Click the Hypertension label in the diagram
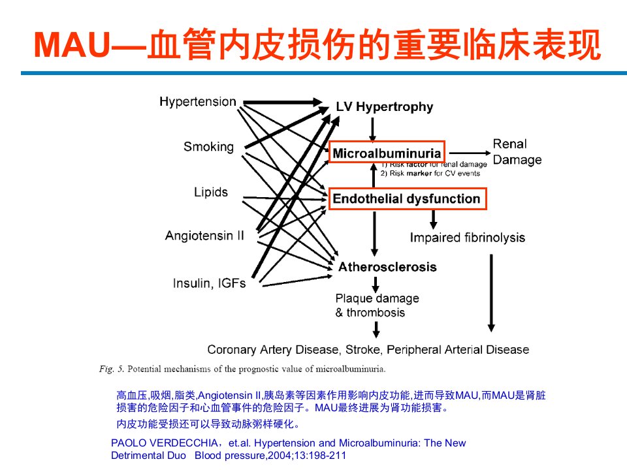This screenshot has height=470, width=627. pos(197,102)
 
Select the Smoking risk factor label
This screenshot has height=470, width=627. pos(209,147)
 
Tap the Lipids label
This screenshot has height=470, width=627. pos(211,192)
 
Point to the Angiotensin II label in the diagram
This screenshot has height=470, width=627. pos(204,236)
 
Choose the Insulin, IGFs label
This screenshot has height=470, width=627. pos(209,283)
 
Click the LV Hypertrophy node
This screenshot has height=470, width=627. pos(384,106)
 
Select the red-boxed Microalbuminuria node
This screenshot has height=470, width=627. pos(387,152)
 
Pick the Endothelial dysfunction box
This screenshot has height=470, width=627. pos(408,198)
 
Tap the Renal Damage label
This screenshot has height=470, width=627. pos(517,152)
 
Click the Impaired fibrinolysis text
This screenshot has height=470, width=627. pos(468,238)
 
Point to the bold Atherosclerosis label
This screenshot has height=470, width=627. pos(387,266)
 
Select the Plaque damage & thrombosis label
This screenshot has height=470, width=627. pos(377,305)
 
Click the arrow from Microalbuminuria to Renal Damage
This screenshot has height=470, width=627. pos(470,153)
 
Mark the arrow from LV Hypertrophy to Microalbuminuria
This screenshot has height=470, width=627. pos(372,129)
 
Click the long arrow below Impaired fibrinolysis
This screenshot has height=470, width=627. pos(491,293)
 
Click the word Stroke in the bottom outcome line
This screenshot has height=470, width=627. pos(362,350)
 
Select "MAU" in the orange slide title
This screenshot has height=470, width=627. pos(72,45)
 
